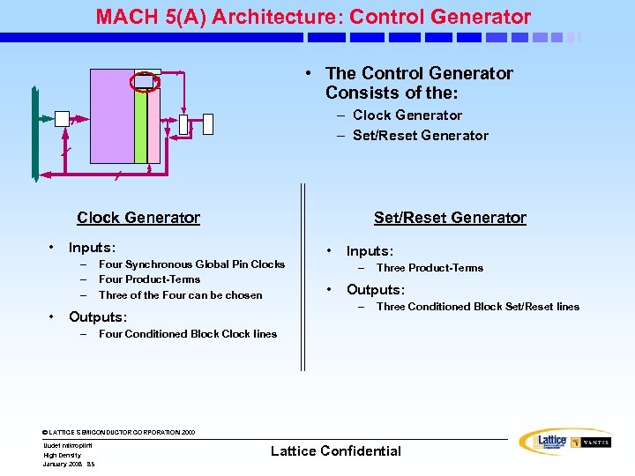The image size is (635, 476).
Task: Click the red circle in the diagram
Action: click(x=144, y=81)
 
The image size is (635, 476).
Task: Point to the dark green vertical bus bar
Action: click(x=34, y=132)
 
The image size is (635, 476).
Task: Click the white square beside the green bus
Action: click(x=62, y=119)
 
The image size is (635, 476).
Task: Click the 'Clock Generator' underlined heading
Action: click(x=138, y=218)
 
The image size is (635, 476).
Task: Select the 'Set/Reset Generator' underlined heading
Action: click(x=450, y=218)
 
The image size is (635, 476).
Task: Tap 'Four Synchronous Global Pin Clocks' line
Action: click(x=191, y=264)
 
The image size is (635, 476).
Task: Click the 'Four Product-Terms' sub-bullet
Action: click(x=149, y=279)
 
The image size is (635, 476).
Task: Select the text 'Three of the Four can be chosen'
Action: click(x=180, y=295)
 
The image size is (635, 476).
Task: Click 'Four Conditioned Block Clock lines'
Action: click(x=188, y=334)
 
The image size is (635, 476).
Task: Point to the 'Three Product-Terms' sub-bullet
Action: click(x=430, y=268)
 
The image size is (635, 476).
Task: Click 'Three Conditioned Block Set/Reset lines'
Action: click(x=477, y=307)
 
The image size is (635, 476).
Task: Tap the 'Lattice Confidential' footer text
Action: click(x=335, y=451)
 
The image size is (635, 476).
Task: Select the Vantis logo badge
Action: click(x=590, y=442)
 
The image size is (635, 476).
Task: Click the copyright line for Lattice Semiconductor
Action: click(x=119, y=433)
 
